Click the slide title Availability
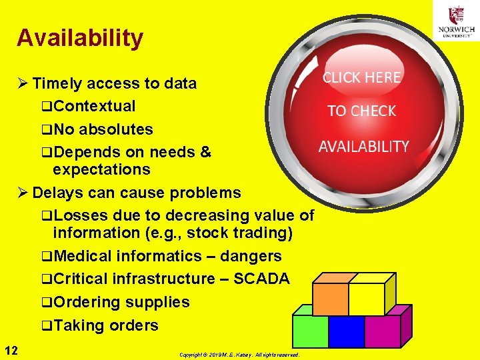pyautogui.click(x=80, y=38)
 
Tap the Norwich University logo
pyautogui.click(x=457, y=21)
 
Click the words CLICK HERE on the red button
pyautogui.click(x=362, y=77)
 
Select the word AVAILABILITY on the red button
pyautogui.click(x=363, y=147)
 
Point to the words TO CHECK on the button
pyautogui.click(x=362, y=111)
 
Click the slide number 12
pyautogui.click(x=11, y=350)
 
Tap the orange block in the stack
pyautogui.click(x=331, y=299)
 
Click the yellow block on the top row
pyautogui.click(x=366, y=299)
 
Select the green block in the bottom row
pyautogui.click(x=311, y=331)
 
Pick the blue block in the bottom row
pyautogui.click(x=347, y=331)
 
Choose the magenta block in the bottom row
pyautogui.click(x=382, y=331)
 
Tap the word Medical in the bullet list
pyautogui.click(x=83, y=256)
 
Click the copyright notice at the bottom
pyautogui.click(x=239, y=355)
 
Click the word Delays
pyautogui.click(x=56, y=193)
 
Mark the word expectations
pyautogui.click(x=101, y=169)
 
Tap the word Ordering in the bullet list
pyautogui.click(x=87, y=302)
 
